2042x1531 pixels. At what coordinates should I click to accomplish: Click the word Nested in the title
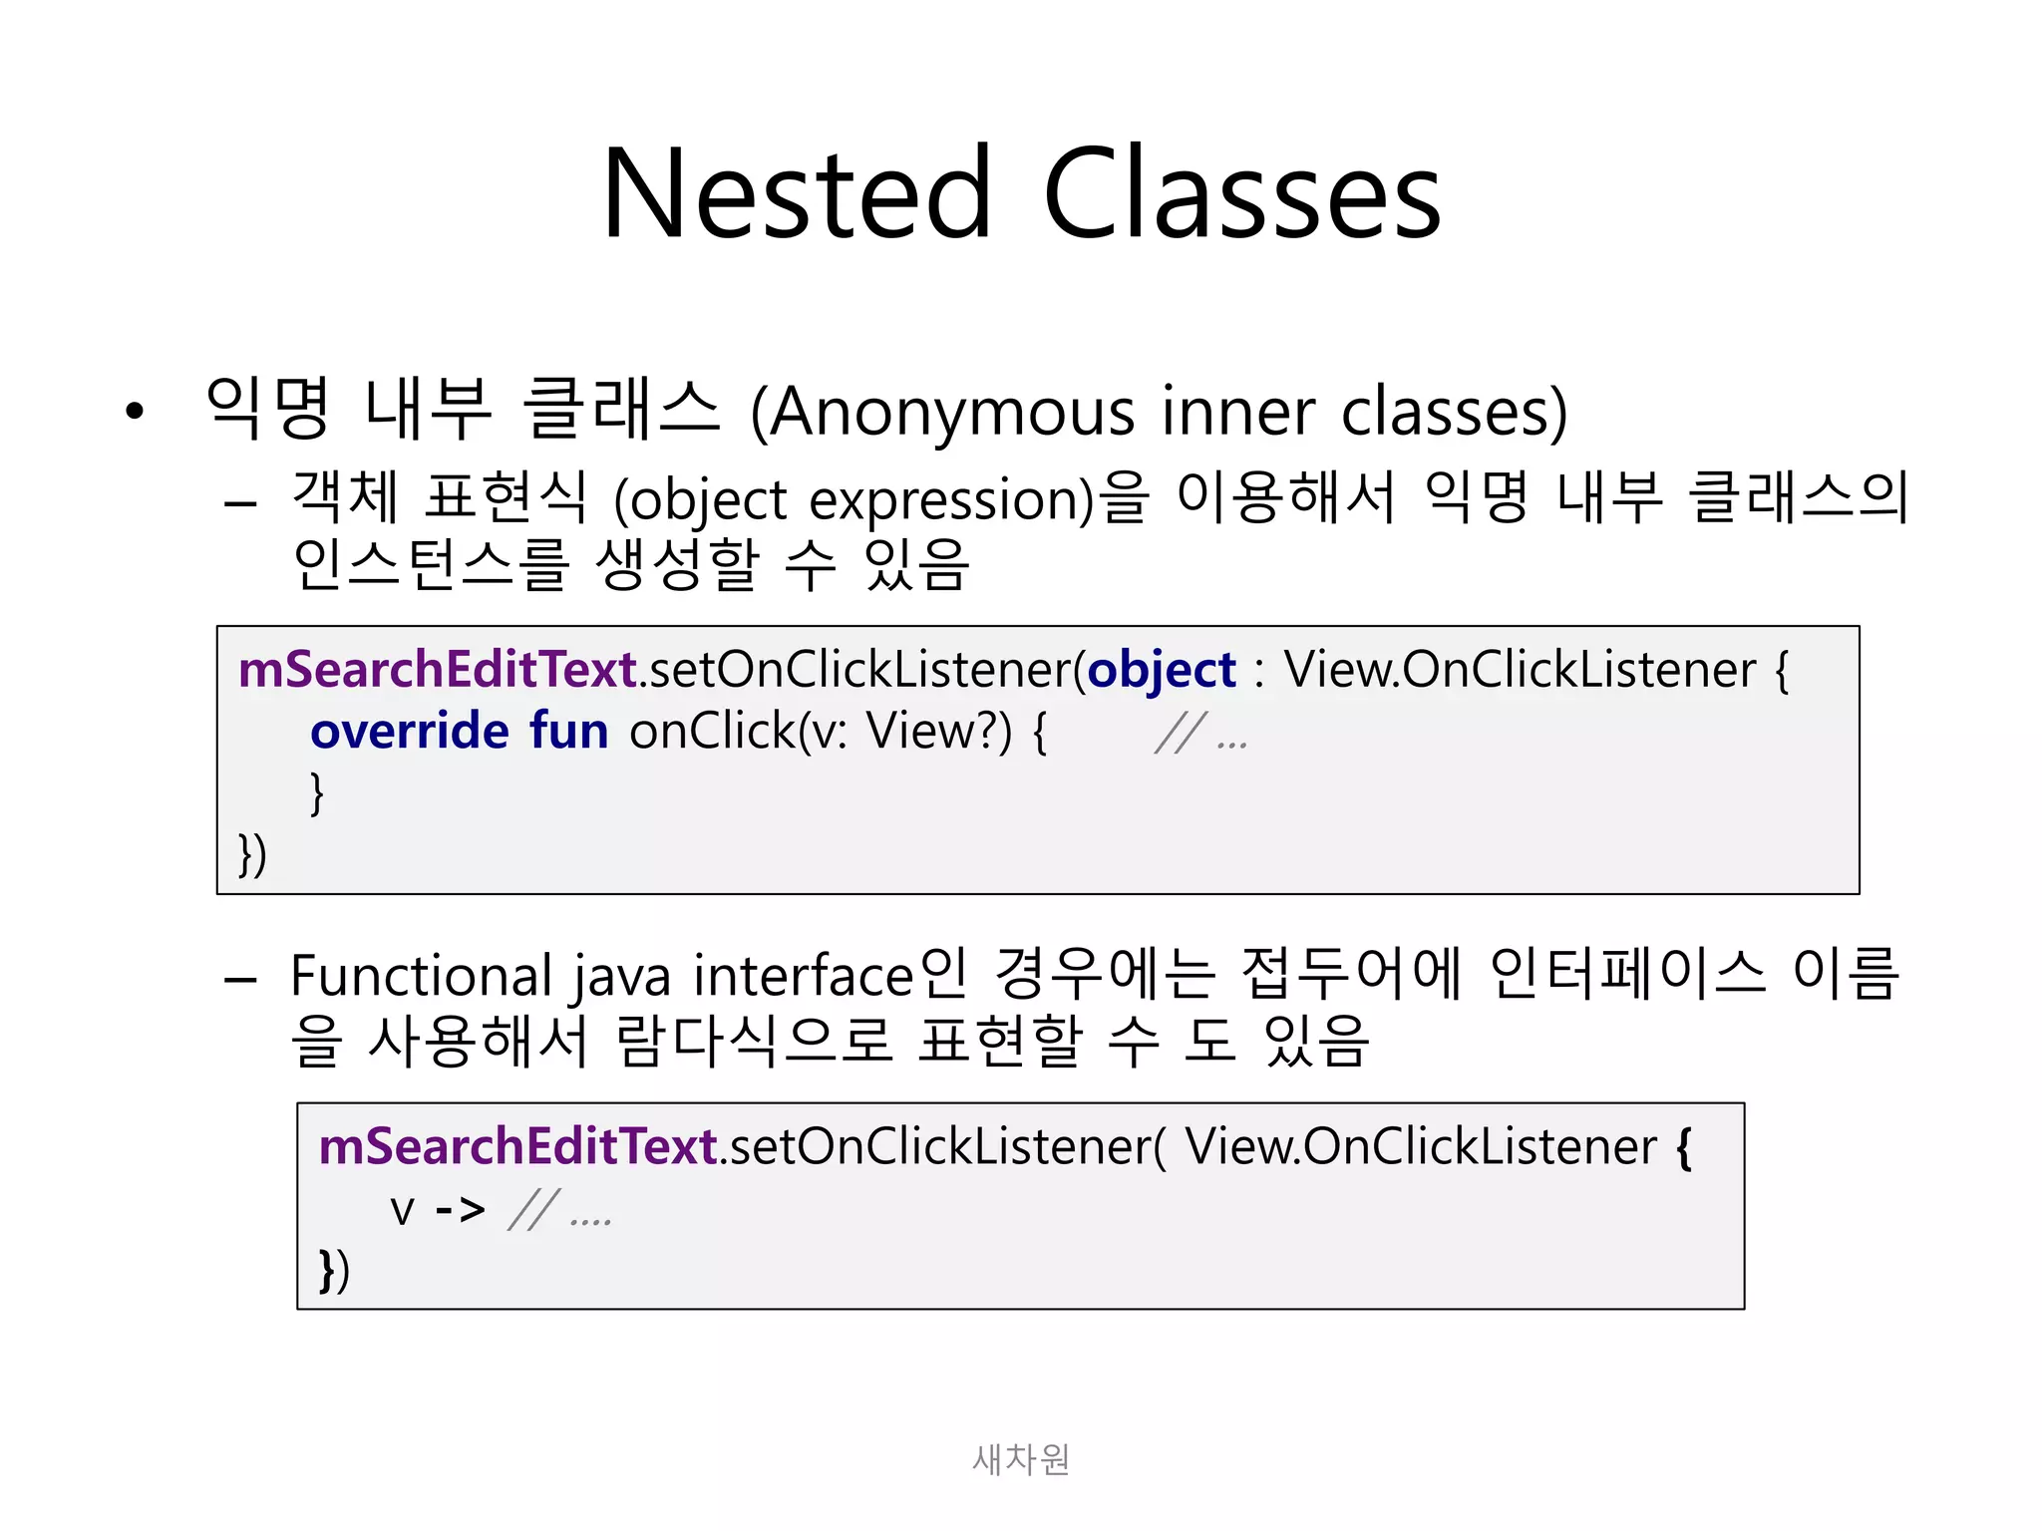click(797, 193)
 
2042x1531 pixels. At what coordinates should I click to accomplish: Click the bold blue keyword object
click(1161, 669)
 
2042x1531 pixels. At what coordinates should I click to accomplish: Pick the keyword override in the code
click(410, 731)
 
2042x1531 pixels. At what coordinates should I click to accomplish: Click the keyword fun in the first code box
click(568, 731)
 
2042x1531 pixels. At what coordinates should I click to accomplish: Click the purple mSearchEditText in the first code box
click(438, 669)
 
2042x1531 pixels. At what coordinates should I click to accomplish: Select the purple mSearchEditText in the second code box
click(517, 1146)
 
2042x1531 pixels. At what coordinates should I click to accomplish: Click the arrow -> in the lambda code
click(460, 1209)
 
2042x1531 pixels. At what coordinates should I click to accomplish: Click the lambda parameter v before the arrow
click(402, 1211)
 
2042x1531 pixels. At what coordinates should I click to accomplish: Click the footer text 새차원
click(1020, 1459)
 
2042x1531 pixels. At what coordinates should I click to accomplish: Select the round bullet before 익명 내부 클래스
click(135, 411)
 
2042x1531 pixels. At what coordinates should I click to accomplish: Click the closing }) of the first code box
click(252, 855)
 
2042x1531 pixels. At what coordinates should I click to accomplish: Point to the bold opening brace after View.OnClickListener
click(1684, 1147)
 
